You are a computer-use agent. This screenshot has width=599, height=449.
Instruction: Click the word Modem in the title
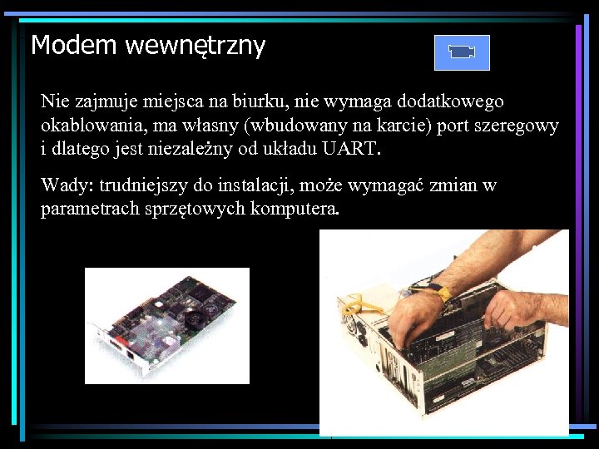(x=73, y=45)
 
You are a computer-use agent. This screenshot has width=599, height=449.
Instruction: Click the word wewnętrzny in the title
(x=196, y=47)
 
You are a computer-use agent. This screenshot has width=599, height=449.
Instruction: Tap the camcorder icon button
(x=462, y=52)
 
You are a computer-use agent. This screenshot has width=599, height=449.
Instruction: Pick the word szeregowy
(x=521, y=126)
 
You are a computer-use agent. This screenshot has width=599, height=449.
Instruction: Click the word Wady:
(x=67, y=185)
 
